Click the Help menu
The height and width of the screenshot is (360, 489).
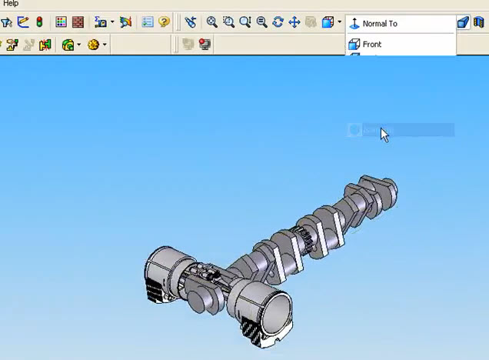[x=10, y=4]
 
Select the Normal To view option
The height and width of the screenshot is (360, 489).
[x=380, y=24]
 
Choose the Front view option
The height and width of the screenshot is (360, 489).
[x=372, y=45]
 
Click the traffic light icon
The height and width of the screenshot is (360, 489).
[x=39, y=23]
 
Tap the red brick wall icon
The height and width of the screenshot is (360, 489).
[x=78, y=23]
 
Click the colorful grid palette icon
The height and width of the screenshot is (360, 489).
[x=62, y=23]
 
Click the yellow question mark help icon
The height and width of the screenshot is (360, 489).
[x=164, y=23]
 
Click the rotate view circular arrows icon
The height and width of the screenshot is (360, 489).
[x=278, y=23]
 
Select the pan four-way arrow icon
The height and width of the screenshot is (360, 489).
[x=294, y=23]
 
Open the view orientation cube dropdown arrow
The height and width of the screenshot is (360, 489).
[x=339, y=23]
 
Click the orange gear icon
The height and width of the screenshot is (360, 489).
[x=93, y=45]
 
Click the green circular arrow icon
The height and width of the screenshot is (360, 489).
[x=68, y=45]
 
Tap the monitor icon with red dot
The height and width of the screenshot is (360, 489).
[x=205, y=45]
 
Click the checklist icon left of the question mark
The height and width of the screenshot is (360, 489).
[x=148, y=23]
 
